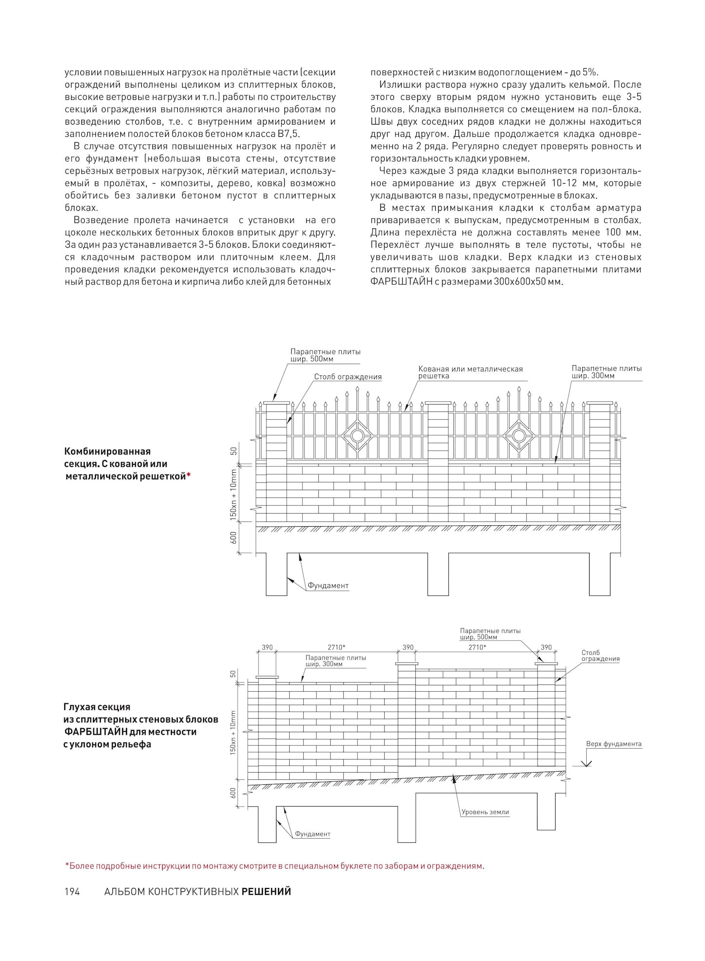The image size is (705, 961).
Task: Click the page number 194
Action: pyautogui.click(x=72, y=891)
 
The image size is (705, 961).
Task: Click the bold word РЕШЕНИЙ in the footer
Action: pyautogui.click(x=266, y=891)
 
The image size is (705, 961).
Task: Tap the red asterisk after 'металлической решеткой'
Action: pyautogui.click(x=188, y=476)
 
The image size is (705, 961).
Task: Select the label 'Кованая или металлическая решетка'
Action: pyautogui.click(x=470, y=372)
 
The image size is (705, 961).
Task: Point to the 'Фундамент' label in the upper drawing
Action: pyautogui.click(x=328, y=586)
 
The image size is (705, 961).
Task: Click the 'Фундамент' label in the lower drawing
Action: pyautogui.click(x=313, y=834)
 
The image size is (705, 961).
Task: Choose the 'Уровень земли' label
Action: pyautogui.click(x=485, y=812)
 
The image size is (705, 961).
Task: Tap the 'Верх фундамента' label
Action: pyautogui.click(x=613, y=744)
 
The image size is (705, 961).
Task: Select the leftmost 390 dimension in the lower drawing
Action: pyautogui.click(x=267, y=647)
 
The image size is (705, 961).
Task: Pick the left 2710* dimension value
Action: pyautogui.click(x=336, y=647)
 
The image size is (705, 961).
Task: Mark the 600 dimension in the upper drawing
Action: pyautogui.click(x=233, y=538)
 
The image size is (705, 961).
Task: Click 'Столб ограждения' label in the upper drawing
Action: pyautogui.click(x=348, y=377)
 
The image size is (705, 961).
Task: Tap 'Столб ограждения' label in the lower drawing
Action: pyautogui.click(x=600, y=655)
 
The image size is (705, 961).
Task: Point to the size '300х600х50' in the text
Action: pyautogui.click(x=515, y=282)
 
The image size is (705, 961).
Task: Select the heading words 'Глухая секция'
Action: pyautogui.click(x=97, y=706)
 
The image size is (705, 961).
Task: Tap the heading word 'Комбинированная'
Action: pyautogui.click(x=107, y=451)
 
